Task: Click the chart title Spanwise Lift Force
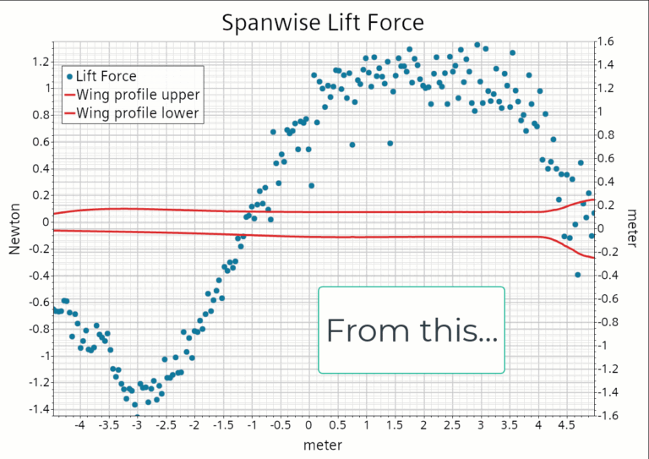point(324,22)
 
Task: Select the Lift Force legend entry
point(106,76)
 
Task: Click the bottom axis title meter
point(324,443)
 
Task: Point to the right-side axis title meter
point(632,228)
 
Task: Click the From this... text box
point(412,330)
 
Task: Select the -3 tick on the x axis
point(137,425)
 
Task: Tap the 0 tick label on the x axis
point(308,425)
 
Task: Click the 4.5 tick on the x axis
point(567,425)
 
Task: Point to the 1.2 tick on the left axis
point(38,61)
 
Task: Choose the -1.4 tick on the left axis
point(35,409)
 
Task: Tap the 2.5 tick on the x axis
point(452,425)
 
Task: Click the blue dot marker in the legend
point(68,76)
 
